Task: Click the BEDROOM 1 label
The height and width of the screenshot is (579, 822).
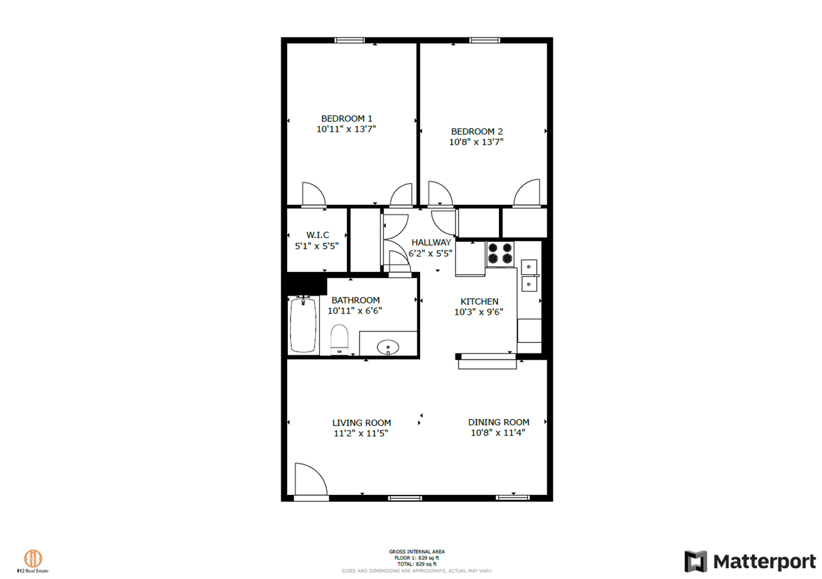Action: [x=346, y=118]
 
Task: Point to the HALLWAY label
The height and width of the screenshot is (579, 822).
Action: [x=431, y=242]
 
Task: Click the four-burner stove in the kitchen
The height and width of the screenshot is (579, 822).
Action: [x=500, y=253]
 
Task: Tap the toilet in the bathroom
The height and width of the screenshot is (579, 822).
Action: [x=339, y=340]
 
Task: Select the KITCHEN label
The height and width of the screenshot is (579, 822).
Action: [x=479, y=301]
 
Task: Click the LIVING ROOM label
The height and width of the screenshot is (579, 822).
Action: [x=362, y=423]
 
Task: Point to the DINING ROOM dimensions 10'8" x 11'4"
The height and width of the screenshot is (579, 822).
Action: [x=498, y=433]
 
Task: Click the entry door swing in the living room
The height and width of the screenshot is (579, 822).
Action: [x=311, y=480]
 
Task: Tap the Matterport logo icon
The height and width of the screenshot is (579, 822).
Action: [x=695, y=562]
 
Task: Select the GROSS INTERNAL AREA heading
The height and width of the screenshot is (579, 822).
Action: [x=416, y=551]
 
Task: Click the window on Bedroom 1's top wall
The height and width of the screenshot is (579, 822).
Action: [x=349, y=40]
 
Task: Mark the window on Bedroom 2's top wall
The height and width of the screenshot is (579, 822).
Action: [x=485, y=40]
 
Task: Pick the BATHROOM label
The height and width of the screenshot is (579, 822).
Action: [x=355, y=300]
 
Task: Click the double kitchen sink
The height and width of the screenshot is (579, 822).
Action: [x=529, y=274]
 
